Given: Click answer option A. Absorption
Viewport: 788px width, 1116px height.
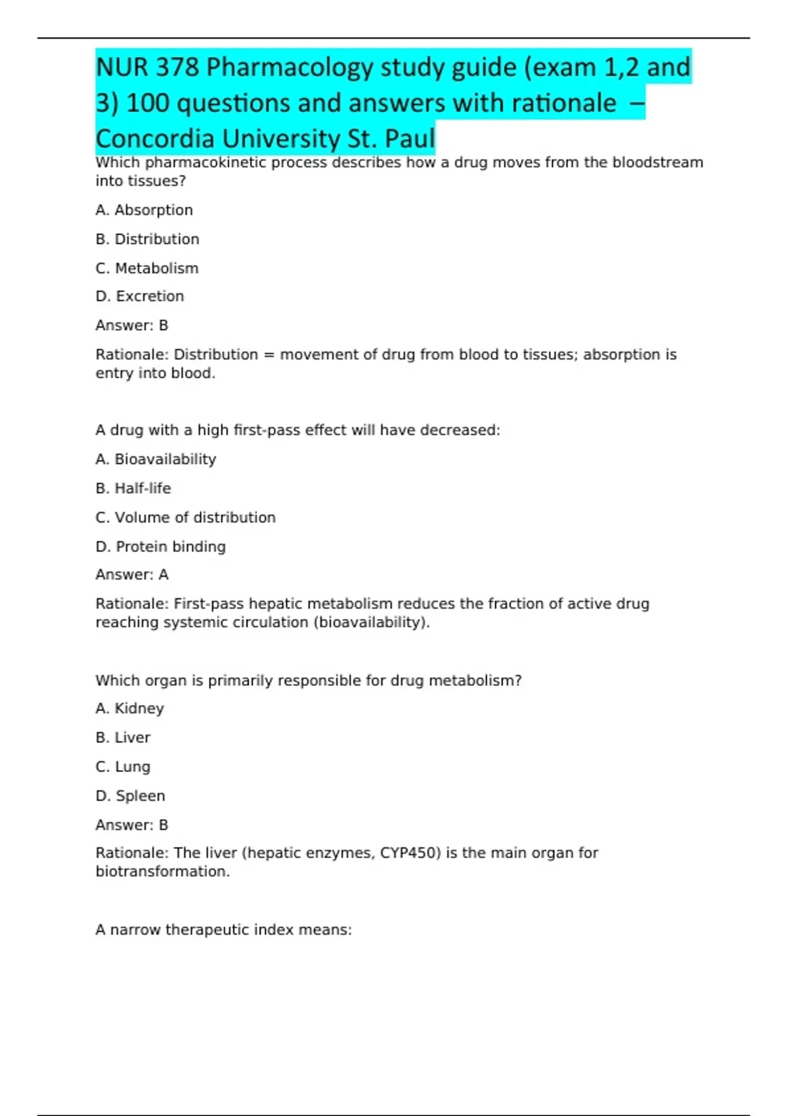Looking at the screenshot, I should pos(144,210).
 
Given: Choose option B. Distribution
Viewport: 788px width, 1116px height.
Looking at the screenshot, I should pos(147,239).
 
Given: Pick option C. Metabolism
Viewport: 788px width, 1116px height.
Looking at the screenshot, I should pos(147,268).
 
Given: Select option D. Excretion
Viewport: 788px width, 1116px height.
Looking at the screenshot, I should pos(140,296).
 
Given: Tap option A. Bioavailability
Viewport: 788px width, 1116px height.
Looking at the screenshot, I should pos(156,459).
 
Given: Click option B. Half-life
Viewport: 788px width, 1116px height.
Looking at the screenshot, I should pos(133,488).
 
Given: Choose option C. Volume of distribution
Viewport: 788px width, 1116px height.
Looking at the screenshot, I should pos(185,517).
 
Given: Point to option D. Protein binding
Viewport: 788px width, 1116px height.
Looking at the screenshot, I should pos(160,546).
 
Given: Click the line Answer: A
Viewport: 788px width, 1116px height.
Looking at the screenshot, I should pos(132,574).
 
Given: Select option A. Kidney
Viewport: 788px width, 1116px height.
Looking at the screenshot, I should pos(130,708).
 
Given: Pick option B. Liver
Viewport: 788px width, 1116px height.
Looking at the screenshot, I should pos(123,737).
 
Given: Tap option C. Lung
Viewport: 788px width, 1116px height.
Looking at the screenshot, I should pos(123,767).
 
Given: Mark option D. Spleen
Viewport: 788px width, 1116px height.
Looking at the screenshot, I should pos(130,796).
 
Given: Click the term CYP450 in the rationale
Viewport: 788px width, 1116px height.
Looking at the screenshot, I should pos(410,853).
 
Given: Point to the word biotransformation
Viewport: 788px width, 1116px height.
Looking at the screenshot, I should pos(162,871).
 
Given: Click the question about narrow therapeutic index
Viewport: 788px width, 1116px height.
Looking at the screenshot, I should pos(223,930).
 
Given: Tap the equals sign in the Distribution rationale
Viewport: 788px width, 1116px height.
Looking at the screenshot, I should pos(269,354).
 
